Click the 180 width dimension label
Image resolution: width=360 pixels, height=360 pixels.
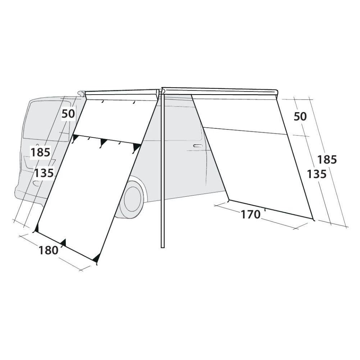pos(48,250)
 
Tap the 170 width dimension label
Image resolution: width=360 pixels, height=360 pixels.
pos(250,215)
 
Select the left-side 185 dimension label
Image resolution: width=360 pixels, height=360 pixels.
pos(40,152)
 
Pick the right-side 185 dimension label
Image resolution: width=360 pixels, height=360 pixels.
pos(327,160)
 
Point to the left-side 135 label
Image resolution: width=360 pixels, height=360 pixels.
pos(44,173)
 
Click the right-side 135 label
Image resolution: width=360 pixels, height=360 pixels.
pos(316,174)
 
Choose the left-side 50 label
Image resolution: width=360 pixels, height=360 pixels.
pos(68,114)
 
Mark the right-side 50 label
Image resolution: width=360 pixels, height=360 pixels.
pos(300,117)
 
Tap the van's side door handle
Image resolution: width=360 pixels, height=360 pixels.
pos(198,146)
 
